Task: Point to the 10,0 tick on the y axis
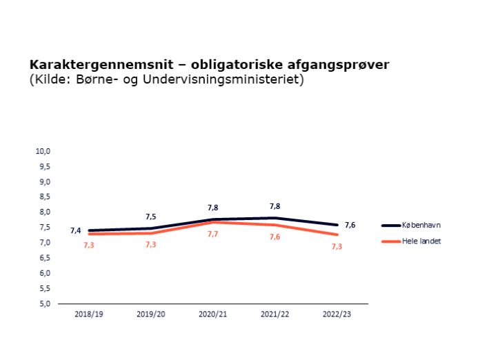44,151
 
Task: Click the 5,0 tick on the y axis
44,303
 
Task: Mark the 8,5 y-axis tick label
44,197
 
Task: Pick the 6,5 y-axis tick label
44,258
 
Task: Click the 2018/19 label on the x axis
89,314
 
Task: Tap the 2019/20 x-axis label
151,314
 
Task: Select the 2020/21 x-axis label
213,314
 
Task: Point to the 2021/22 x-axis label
275,314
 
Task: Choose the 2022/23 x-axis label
337,314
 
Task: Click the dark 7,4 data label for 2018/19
75,230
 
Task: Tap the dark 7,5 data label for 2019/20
151,217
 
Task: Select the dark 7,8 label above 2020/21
213,207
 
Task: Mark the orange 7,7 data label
213,234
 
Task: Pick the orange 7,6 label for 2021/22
274,237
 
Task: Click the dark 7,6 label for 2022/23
350,225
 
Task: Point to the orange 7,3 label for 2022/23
337,247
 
